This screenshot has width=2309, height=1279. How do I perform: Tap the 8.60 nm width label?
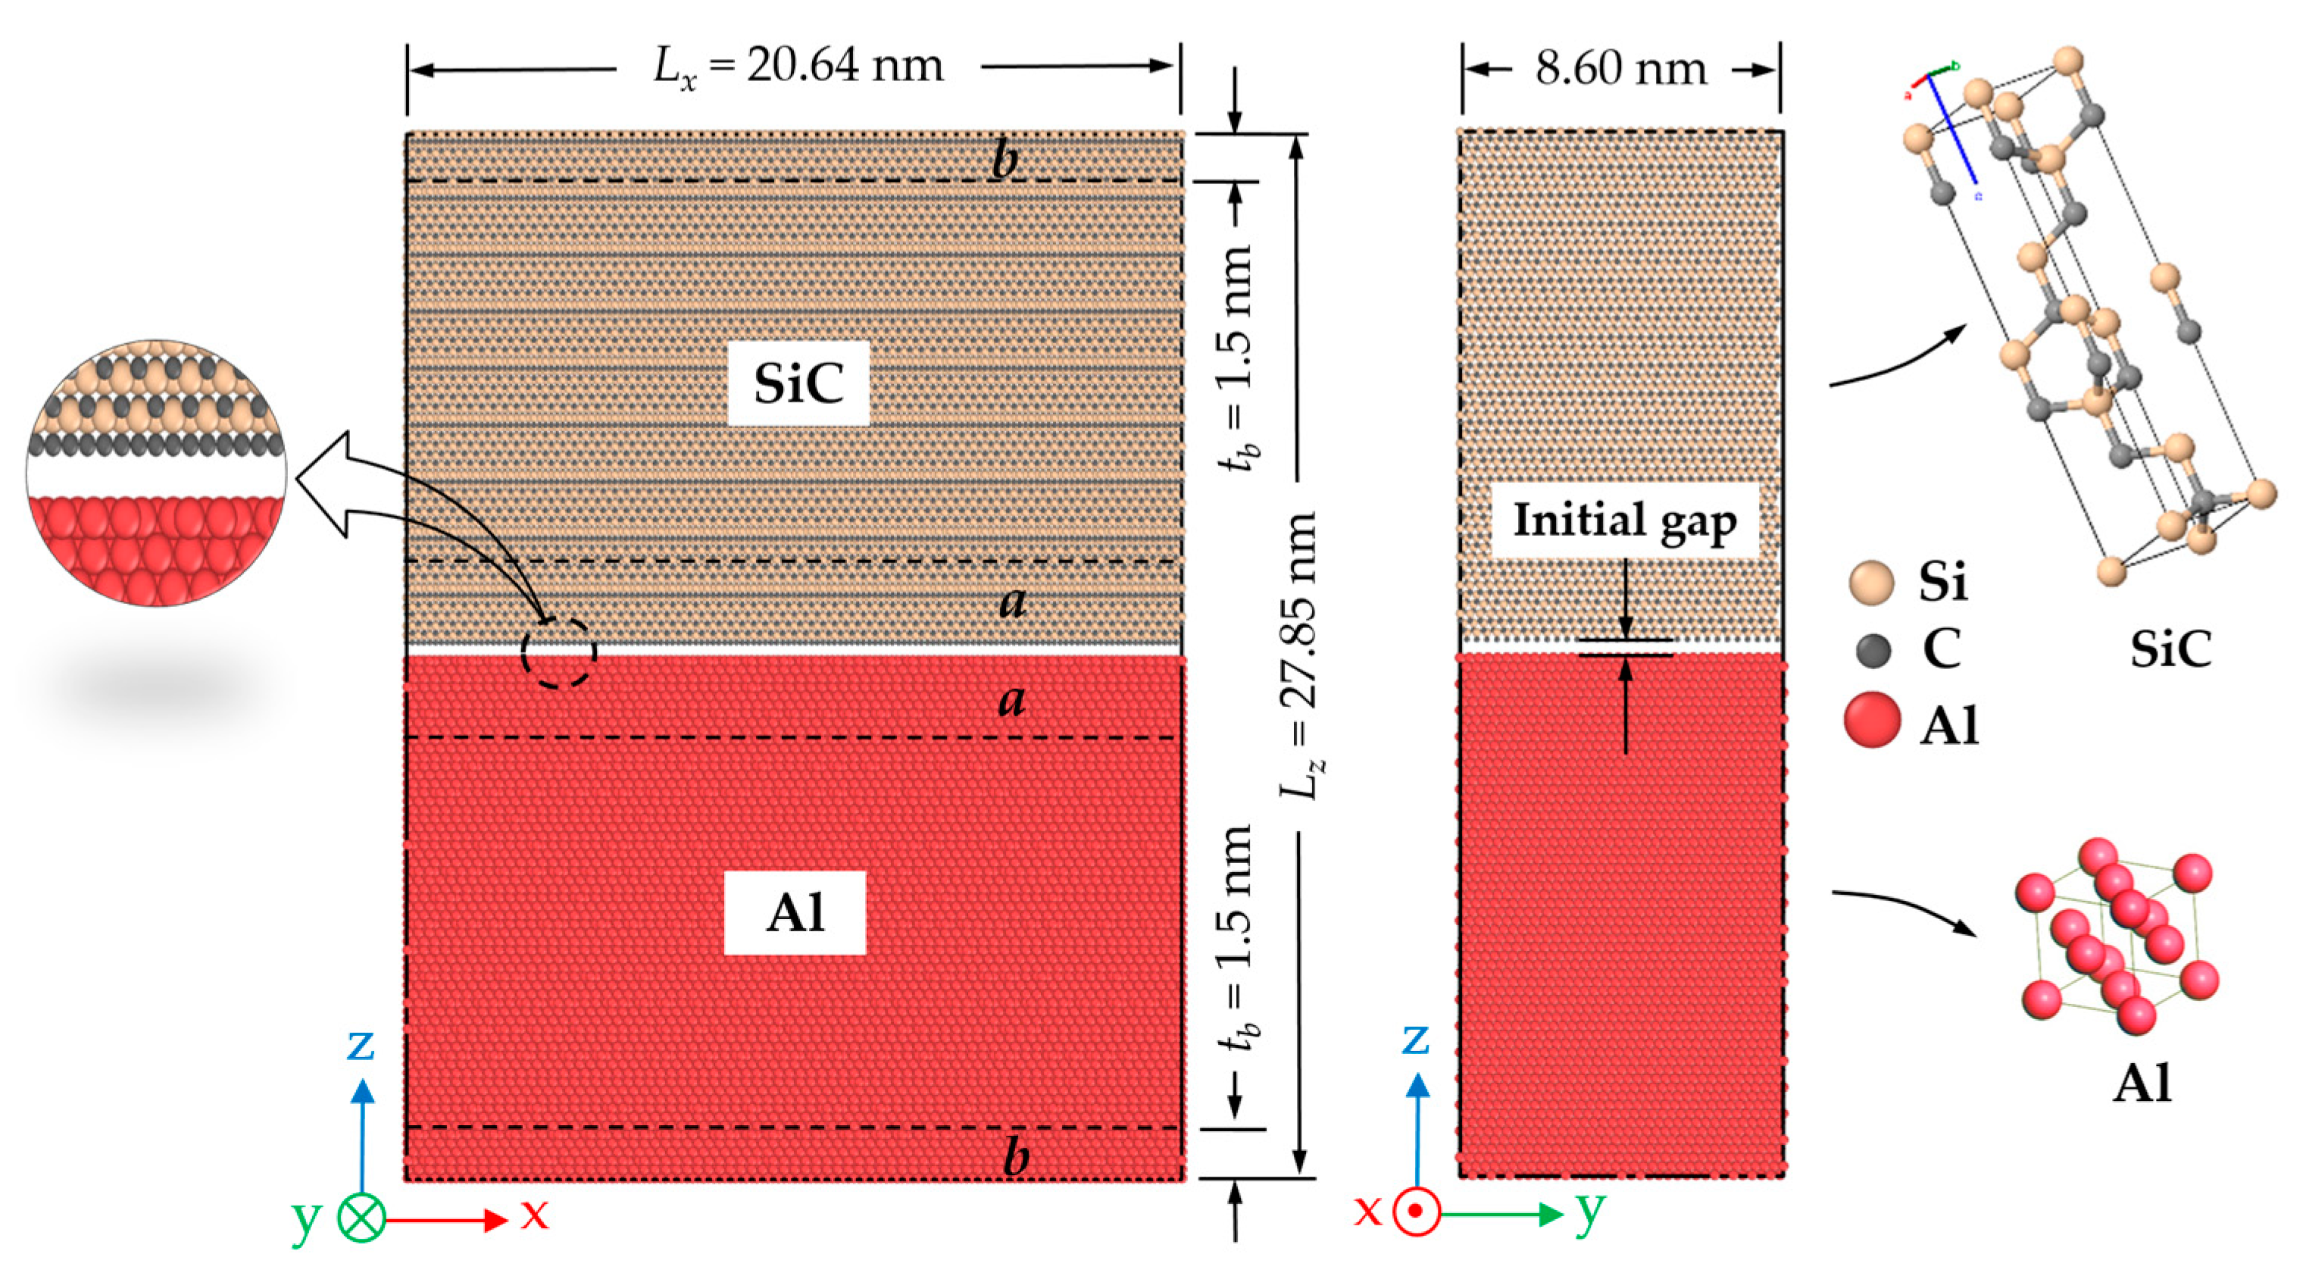point(1620,69)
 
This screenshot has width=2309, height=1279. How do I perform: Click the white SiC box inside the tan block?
point(798,383)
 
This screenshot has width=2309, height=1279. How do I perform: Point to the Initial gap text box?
point(1624,521)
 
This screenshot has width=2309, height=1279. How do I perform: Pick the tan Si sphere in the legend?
point(1872,583)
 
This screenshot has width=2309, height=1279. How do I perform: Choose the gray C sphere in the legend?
point(1873,650)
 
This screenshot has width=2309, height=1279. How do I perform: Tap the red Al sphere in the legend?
point(1873,720)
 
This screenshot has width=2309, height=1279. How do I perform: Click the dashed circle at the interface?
point(558,652)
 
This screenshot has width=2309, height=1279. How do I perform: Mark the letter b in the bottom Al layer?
point(1014,1156)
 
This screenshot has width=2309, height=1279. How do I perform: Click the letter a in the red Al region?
point(1012,699)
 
